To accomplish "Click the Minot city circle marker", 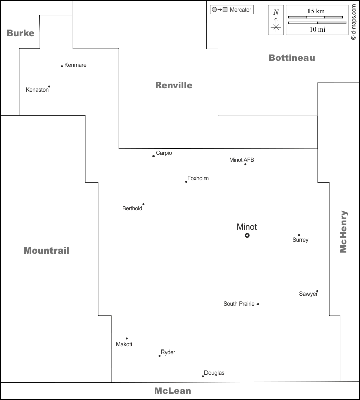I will click(247, 235).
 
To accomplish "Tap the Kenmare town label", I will click(75, 65).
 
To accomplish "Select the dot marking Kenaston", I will click(49, 86).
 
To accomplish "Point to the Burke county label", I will click(20, 33).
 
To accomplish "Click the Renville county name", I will click(173, 85).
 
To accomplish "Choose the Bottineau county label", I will click(291, 58).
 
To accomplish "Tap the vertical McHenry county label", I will click(343, 231).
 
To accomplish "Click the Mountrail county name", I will click(46, 251).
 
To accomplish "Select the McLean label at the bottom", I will click(172, 391).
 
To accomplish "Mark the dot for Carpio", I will click(153, 156).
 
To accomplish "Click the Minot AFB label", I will click(242, 160).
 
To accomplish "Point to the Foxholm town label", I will click(198, 178).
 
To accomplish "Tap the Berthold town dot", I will click(143, 204).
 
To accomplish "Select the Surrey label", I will click(300, 240).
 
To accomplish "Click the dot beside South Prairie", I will click(258, 304).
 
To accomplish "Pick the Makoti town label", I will click(124, 344).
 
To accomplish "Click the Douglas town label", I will click(214, 373).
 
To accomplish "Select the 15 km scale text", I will click(317, 11).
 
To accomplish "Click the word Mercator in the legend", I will click(240, 10).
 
